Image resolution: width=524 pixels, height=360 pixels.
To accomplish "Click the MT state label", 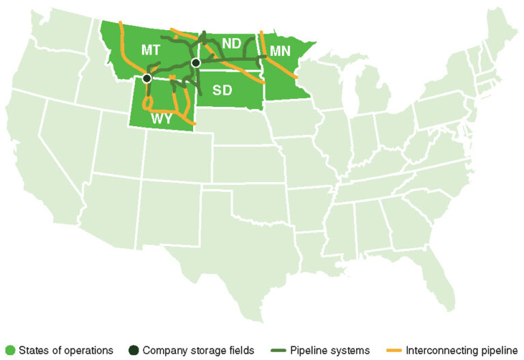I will [x=151, y=50].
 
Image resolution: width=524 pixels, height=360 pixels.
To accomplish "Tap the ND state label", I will [x=231, y=44].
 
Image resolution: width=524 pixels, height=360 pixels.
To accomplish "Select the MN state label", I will [x=280, y=50].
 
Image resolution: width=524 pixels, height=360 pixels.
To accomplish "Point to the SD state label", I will [x=222, y=90].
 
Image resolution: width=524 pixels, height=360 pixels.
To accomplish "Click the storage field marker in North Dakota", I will [x=196, y=63].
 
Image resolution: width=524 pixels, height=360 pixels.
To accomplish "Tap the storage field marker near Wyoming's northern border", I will [x=147, y=78].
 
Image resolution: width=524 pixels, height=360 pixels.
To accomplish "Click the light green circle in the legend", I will [x=10, y=350].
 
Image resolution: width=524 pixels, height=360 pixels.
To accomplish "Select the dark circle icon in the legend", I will [x=134, y=350].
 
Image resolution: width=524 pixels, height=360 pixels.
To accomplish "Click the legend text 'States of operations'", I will [x=65, y=350].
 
